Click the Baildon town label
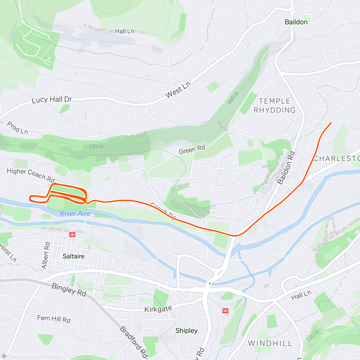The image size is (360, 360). click(296, 22)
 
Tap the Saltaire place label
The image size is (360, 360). click(73, 256)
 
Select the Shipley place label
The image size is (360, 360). click(186, 331)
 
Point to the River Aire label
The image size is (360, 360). click(75, 213)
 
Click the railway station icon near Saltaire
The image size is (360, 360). click(72, 235)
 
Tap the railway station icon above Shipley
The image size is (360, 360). click(225, 311)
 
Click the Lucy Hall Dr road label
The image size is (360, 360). click(52, 100)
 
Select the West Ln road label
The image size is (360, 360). click(178, 89)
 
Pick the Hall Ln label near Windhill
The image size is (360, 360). click(301, 295)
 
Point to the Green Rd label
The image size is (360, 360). click(192, 149)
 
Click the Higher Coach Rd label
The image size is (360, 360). click(31, 175)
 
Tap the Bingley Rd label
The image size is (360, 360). click(69, 290)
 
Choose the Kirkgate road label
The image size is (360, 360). click(158, 309)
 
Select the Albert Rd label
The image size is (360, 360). click(46, 255)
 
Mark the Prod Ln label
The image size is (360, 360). click(17, 128)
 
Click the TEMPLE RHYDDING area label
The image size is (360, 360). click(274, 106)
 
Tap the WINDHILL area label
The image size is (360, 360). click(270, 343)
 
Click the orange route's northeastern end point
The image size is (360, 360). click(331, 123)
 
